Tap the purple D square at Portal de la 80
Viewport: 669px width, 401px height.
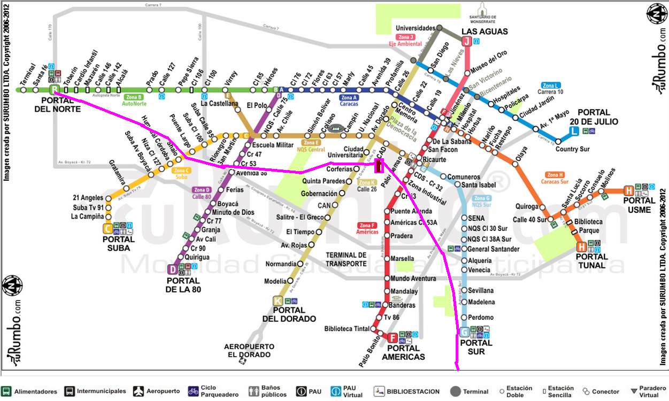tap(172, 269)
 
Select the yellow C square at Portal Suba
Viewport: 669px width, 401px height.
tap(109, 229)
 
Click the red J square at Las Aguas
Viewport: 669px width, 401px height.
tap(467, 41)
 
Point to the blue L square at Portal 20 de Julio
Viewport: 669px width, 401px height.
tap(574, 130)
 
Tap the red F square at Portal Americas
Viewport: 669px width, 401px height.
tap(392, 338)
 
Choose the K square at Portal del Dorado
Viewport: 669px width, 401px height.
tap(278, 300)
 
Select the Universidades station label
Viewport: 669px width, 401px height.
tap(416, 28)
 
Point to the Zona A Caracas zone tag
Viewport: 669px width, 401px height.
tap(349, 101)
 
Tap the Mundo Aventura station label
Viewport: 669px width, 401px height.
tap(413, 279)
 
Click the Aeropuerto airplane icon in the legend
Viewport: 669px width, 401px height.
tap(139, 391)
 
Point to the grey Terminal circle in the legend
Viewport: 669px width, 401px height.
tap(456, 391)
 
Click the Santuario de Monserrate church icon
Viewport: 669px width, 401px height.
tap(483, 9)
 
